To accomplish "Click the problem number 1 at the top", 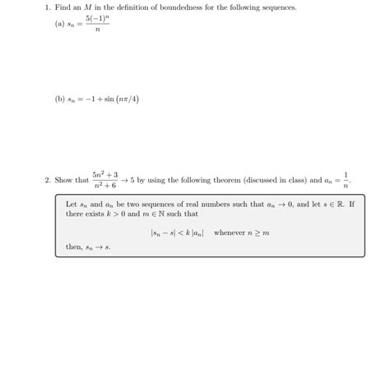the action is (x=48, y=7).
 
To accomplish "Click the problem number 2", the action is (x=48, y=180).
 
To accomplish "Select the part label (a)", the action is (x=59, y=24).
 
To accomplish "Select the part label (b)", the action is (x=60, y=99).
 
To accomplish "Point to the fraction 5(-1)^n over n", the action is (x=97, y=24).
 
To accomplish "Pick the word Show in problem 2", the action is (x=64, y=180).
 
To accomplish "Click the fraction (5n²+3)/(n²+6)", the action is (x=104, y=180).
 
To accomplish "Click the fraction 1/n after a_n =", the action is (x=346, y=180).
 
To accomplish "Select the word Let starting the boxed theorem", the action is (x=72, y=204).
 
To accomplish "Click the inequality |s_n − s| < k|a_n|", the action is (x=178, y=233).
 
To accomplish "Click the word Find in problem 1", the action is (x=63, y=7).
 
